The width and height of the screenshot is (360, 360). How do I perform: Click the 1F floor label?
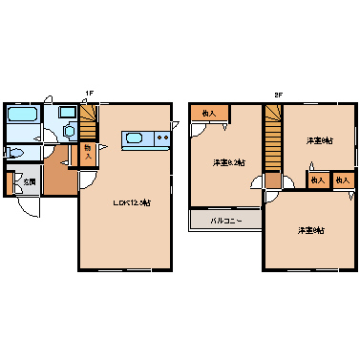88,93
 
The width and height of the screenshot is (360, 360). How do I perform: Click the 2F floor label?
278,93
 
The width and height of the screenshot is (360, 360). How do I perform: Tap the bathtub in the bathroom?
22,115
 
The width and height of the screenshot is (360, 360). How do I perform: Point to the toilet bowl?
16,152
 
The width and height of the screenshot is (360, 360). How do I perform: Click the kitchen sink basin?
135,140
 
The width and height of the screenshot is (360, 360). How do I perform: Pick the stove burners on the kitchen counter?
160,140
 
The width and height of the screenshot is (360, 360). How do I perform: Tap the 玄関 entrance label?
31,181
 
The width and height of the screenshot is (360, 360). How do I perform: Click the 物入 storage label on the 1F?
87,150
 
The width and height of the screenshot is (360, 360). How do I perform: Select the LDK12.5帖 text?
132,201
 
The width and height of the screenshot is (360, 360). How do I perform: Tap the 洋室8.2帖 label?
228,162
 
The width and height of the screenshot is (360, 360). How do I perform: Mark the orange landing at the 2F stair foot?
273,180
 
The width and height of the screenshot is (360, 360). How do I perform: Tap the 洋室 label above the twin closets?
319,141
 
